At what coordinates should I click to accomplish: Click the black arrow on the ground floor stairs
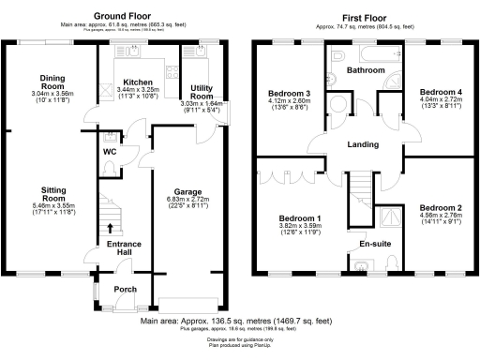[112, 226]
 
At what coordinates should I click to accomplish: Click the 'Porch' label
[126, 290]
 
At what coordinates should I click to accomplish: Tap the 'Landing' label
[362, 144]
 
